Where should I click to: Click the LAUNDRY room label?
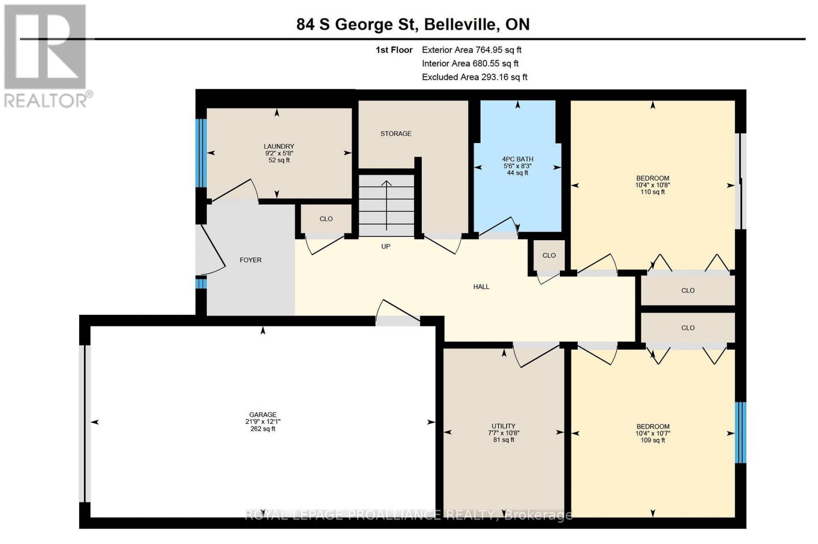point(279,146)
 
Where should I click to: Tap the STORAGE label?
point(396,133)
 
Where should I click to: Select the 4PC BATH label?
point(517,159)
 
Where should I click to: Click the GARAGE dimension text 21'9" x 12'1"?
point(263,422)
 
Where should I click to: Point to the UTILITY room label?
point(504,426)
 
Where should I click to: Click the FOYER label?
point(251,260)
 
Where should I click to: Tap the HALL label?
point(481,287)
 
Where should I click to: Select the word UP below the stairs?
point(386,246)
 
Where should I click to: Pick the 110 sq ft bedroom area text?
point(653,192)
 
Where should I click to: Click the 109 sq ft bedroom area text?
point(653,440)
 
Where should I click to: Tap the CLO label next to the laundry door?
point(326,219)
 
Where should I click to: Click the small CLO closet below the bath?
point(549,255)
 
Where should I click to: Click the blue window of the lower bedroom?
point(740,433)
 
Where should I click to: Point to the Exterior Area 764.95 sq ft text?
point(471,50)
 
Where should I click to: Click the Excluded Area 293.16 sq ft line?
point(474,77)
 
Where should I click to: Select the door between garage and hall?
point(398,317)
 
